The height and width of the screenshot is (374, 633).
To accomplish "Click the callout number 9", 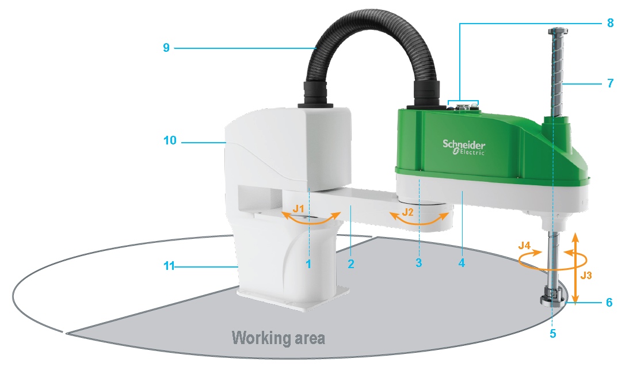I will (x=166, y=48).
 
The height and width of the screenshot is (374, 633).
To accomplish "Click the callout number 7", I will (x=610, y=83).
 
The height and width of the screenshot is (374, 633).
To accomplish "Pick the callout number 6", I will (x=609, y=302).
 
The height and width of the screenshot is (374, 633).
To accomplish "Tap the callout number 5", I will (x=552, y=333).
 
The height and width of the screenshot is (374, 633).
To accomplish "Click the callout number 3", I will (x=418, y=264).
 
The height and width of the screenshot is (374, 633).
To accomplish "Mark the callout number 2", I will (x=350, y=264).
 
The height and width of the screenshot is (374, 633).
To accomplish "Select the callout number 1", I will (x=308, y=264).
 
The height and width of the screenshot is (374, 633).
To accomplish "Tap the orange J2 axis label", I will (x=408, y=212).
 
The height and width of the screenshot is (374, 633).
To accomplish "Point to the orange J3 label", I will (x=586, y=275).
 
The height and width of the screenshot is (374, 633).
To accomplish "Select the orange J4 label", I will (x=524, y=246).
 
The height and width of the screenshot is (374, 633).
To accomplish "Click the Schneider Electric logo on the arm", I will (x=464, y=147).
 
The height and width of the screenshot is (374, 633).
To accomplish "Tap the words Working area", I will (x=278, y=337).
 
